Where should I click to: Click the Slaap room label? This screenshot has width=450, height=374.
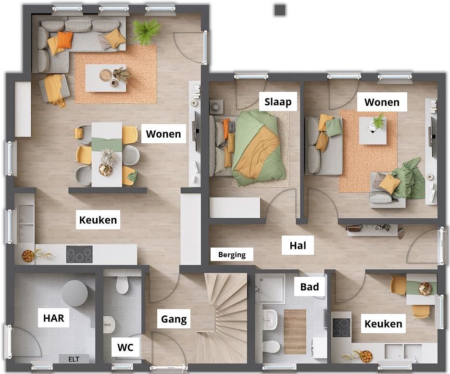[x=278, y=101]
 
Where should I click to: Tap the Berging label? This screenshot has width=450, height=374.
[x=232, y=255]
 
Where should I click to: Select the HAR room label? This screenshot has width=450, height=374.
[x=54, y=318]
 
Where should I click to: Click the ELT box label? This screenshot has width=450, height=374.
[x=74, y=359]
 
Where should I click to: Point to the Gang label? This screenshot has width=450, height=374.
[x=174, y=319]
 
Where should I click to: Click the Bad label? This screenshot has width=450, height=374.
[x=310, y=287]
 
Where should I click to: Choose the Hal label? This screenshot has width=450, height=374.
[x=298, y=246]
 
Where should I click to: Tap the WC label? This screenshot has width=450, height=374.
[x=125, y=347]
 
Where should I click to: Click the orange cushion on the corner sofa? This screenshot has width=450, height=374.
[x=65, y=40]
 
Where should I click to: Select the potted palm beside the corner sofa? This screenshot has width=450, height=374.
[x=146, y=31]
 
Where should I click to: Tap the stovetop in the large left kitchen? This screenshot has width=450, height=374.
[x=79, y=254]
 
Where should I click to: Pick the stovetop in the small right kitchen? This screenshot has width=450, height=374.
[x=341, y=328]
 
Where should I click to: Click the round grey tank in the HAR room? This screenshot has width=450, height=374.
[x=75, y=293]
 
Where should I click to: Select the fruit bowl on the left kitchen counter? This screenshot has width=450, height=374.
[x=28, y=256]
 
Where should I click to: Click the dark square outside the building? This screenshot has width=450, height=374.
[x=280, y=10]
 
